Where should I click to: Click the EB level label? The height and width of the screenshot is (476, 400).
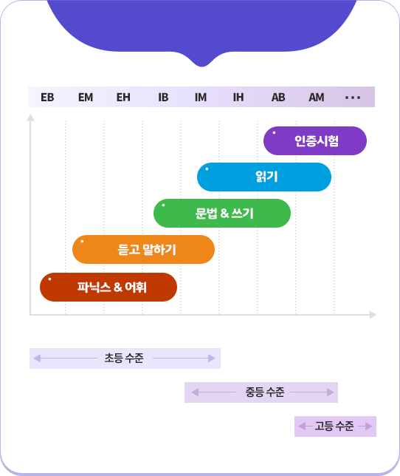point(47,98)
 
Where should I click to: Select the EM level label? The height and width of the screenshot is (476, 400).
point(86,98)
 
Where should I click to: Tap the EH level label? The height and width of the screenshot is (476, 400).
point(123,98)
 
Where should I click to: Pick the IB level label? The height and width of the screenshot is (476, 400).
point(163,98)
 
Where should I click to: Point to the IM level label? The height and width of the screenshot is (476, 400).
point(201,98)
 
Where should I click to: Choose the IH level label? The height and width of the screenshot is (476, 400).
point(238,98)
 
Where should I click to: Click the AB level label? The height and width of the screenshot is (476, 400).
point(278,98)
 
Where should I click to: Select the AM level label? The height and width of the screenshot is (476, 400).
point(317,98)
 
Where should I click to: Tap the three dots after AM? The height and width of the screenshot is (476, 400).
point(353,98)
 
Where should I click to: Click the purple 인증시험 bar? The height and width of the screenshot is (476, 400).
point(315,141)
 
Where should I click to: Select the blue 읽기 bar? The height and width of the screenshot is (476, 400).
point(264,177)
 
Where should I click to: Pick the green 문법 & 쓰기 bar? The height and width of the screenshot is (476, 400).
point(222,213)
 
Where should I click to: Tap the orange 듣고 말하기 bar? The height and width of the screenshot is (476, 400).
point(144,250)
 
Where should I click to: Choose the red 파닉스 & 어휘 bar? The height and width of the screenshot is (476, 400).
point(108,288)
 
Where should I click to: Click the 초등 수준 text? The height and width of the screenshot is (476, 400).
point(124,358)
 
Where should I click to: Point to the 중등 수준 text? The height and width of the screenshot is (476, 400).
point(265,392)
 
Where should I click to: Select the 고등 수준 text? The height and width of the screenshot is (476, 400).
point(334,426)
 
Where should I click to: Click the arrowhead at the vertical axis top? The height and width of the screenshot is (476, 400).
point(30,118)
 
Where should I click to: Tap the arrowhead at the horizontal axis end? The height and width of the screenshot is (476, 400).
point(373,315)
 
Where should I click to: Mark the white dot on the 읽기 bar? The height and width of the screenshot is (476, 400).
point(207,169)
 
